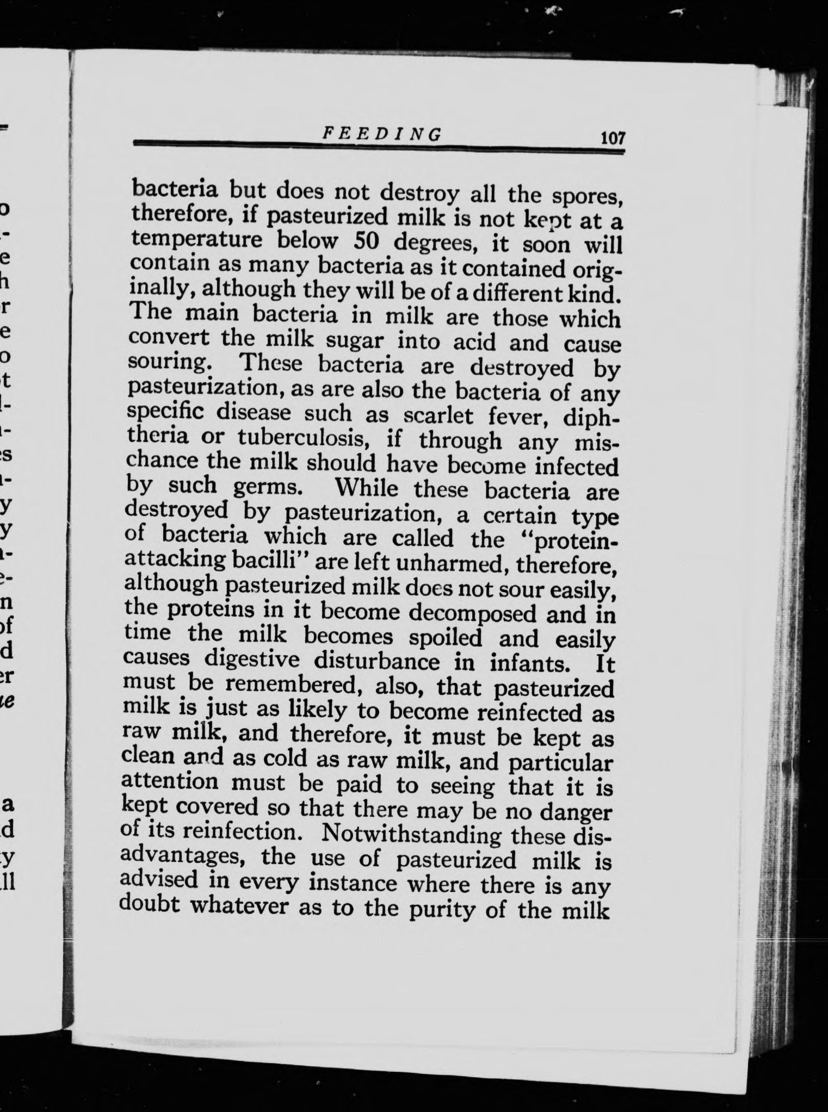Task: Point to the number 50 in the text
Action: point(365,241)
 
